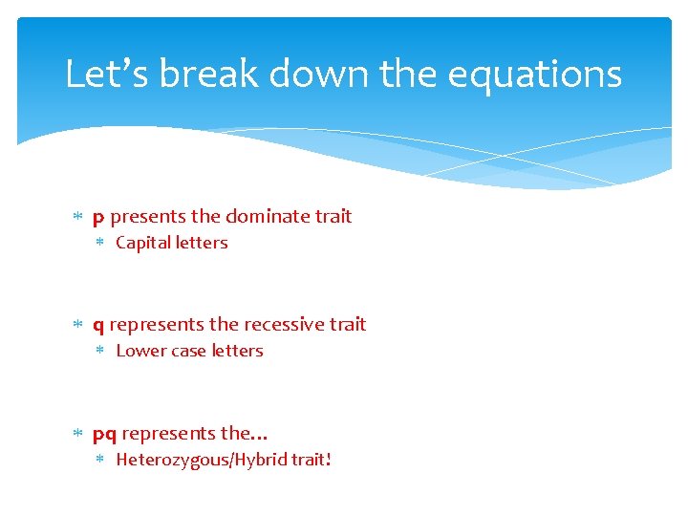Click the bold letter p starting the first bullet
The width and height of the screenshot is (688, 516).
[98, 218]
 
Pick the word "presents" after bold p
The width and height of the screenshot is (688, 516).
[148, 217]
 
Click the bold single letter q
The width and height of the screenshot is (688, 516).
[98, 326]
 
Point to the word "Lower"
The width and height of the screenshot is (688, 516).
[140, 351]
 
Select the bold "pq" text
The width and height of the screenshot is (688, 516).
[104, 435]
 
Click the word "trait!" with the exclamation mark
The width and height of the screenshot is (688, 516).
[312, 460]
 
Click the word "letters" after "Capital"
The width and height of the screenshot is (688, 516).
[202, 243]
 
